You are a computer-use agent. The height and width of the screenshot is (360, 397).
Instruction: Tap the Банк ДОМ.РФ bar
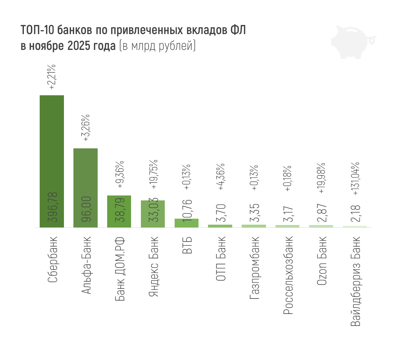coord(119,211)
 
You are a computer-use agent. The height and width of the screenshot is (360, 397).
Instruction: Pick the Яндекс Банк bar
coord(153,214)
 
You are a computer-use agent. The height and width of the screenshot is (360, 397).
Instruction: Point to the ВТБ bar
coord(187,223)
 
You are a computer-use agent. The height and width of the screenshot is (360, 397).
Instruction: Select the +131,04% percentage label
coord(356,179)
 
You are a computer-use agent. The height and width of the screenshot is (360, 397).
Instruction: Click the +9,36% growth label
coord(119,175)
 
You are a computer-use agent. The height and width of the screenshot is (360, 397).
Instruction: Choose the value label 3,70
coord(220,212)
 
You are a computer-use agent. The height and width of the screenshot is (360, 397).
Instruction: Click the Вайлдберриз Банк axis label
coord(355,281)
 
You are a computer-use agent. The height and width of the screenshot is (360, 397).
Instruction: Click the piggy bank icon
coord(351,41)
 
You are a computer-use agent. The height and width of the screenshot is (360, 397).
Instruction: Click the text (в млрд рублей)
coord(157,46)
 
